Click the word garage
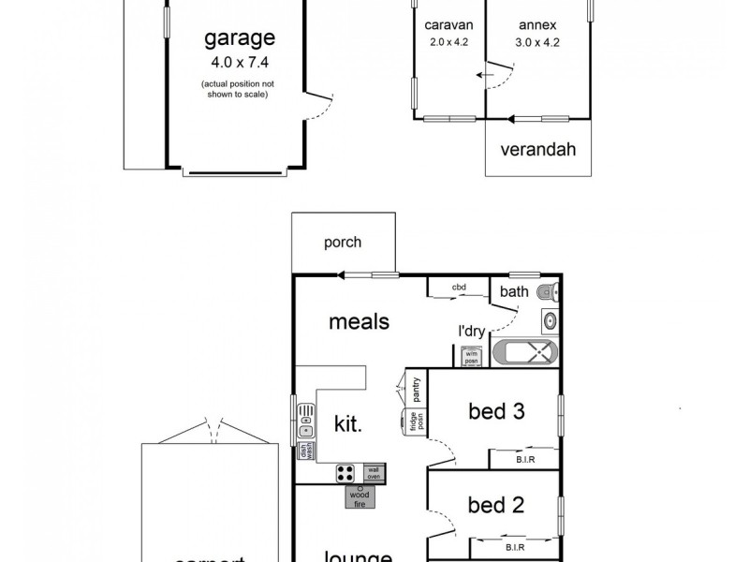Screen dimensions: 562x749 coord(240,38)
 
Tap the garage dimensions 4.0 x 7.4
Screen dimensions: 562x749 coord(240,65)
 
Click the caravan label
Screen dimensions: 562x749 coord(447,25)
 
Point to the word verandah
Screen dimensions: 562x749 coord(536,149)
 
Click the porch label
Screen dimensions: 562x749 coord(343,243)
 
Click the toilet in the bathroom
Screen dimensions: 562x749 coord(549,292)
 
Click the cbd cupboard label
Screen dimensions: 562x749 coord(459,288)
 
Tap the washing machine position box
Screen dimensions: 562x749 coord(472,356)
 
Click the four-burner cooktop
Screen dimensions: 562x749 coord(345,474)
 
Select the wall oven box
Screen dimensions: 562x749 coord(373,474)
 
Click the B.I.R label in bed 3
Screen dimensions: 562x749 coord(525,460)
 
